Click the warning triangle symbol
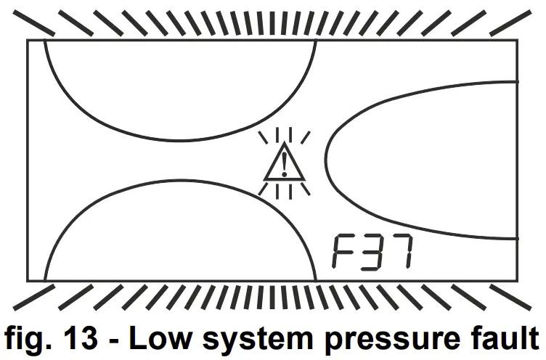(x=284, y=164)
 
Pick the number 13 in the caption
(x=83, y=338)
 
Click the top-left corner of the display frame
(x=28, y=40)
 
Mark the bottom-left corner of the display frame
(x=28, y=280)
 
